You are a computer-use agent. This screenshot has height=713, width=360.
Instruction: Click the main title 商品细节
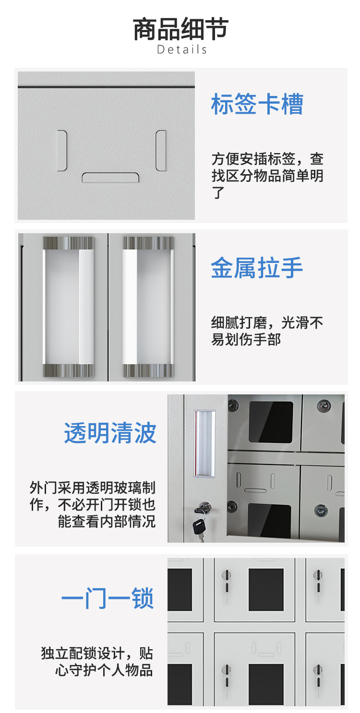pyautogui.click(x=180, y=29)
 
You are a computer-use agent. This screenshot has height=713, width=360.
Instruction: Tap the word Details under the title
pyautogui.click(x=182, y=49)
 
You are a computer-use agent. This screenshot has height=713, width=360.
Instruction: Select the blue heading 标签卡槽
pyautogui.click(x=257, y=104)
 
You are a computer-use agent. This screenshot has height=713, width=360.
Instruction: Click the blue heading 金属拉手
pyautogui.click(x=256, y=268)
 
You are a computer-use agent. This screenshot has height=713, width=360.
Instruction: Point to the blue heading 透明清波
pyautogui.click(x=110, y=433)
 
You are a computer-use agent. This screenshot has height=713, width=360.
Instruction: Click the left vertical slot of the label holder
pyautogui.click(x=62, y=151)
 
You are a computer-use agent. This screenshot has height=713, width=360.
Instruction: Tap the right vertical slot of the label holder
pyautogui.click(x=161, y=151)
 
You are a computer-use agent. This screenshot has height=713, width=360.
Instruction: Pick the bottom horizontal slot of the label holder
pyautogui.click(x=110, y=178)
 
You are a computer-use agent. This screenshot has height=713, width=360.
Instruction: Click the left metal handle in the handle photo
pyautogui.click(x=69, y=307)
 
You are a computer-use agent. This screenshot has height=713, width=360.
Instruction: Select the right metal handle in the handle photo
pyautogui.click(x=148, y=307)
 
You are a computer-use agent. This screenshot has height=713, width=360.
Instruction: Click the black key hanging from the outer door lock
pyautogui.click(x=199, y=526)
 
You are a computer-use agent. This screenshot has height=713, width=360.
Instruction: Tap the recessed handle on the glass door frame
pyautogui.click(x=204, y=443)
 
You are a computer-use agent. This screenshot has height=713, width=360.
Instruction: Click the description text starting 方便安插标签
pyautogui.click(x=267, y=176)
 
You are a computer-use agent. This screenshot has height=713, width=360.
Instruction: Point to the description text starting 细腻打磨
pyautogui.click(x=267, y=331)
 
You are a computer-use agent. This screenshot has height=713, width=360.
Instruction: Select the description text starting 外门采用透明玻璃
pyautogui.click(x=93, y=504)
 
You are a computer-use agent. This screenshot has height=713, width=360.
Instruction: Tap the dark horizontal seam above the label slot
pyautogui.click(x=106, y=86)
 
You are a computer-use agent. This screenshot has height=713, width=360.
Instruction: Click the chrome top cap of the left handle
pyautogui.click(x=69, y=243)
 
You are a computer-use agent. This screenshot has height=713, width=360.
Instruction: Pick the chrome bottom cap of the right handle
pyautogui.click(x=148, y=370)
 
